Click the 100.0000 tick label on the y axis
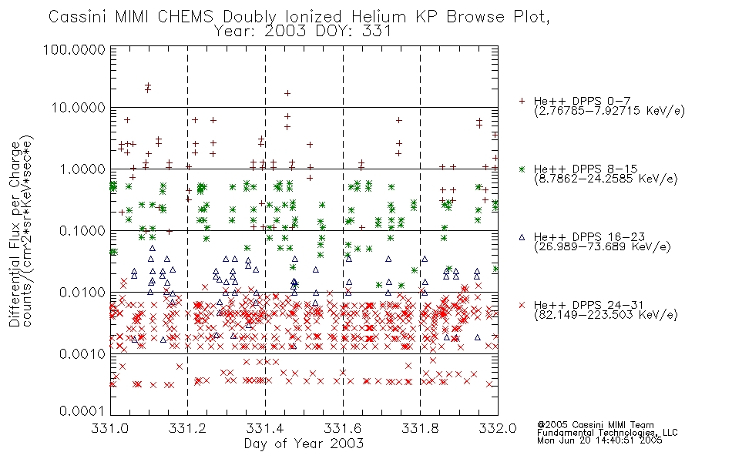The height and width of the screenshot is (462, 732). pos(75,49)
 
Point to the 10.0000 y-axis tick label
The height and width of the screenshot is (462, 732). pos(79,108)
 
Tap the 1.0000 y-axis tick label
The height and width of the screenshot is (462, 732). pos(82,169)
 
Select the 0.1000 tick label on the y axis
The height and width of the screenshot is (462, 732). pos(82,230)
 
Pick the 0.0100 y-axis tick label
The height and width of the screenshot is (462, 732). pos(82,292)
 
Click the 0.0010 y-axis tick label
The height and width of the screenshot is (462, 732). pos(82,353)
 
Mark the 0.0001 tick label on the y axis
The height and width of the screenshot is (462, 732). pos(82,410)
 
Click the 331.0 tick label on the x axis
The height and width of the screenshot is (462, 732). pos(110,428)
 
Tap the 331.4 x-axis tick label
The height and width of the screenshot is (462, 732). pos(265,428)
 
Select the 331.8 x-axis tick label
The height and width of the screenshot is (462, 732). pos(420,428)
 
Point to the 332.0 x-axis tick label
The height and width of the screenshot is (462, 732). pos(498,428)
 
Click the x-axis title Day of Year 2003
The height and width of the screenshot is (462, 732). pos(304,444)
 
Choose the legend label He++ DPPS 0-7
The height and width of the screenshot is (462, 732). pos(583,101)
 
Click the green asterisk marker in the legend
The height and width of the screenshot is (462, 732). pos(522,169)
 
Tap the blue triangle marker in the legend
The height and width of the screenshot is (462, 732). pos(522,237)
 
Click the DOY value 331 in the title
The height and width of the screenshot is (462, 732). pos(375,31)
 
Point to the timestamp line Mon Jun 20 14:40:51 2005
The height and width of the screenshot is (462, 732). pos(599,440)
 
